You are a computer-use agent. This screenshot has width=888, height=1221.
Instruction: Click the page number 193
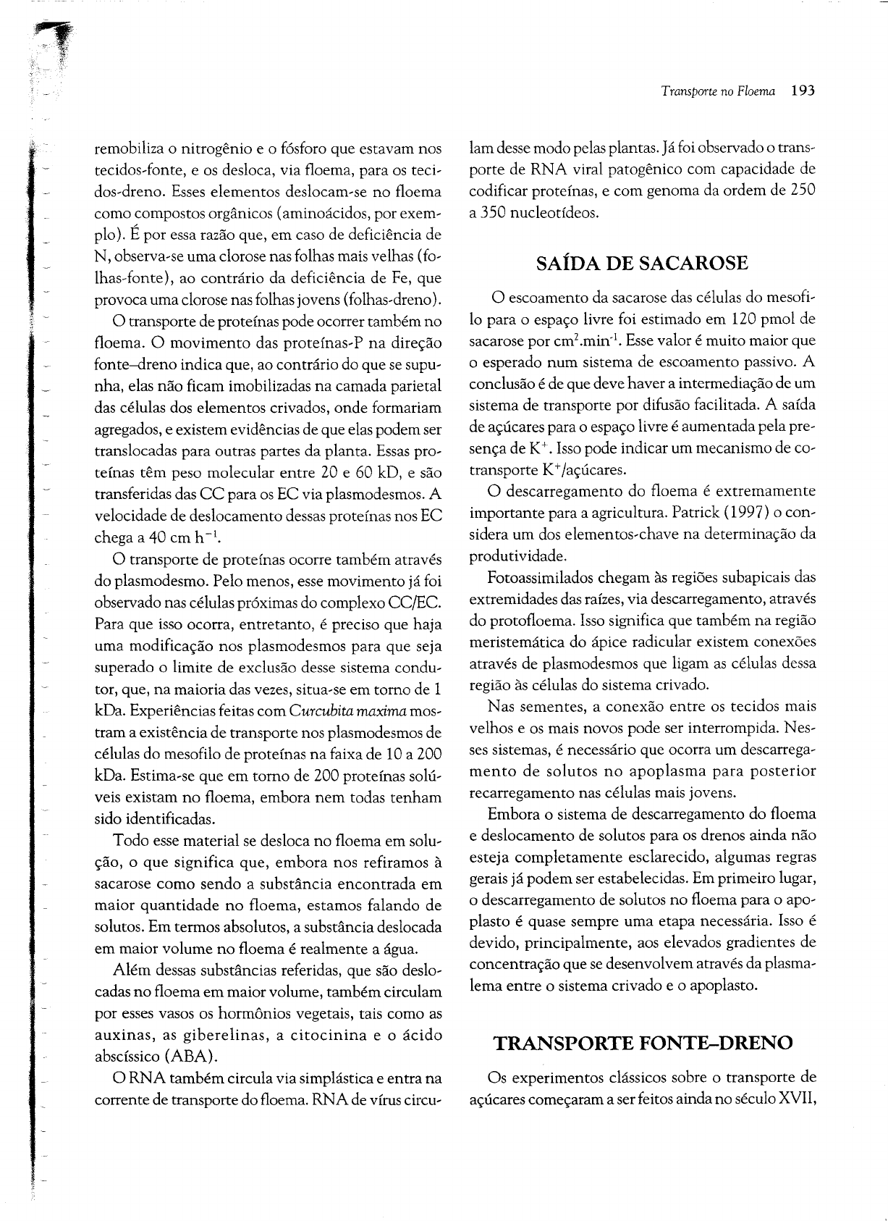coord(803,91)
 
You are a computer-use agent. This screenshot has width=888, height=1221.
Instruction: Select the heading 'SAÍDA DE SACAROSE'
coord(642,264)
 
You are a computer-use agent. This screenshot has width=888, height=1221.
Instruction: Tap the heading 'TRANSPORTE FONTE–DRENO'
coord(643,1043)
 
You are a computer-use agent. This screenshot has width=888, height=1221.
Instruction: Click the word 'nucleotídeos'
coord(545,214)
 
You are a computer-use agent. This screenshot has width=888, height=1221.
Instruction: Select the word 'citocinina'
coord(326,1035)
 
